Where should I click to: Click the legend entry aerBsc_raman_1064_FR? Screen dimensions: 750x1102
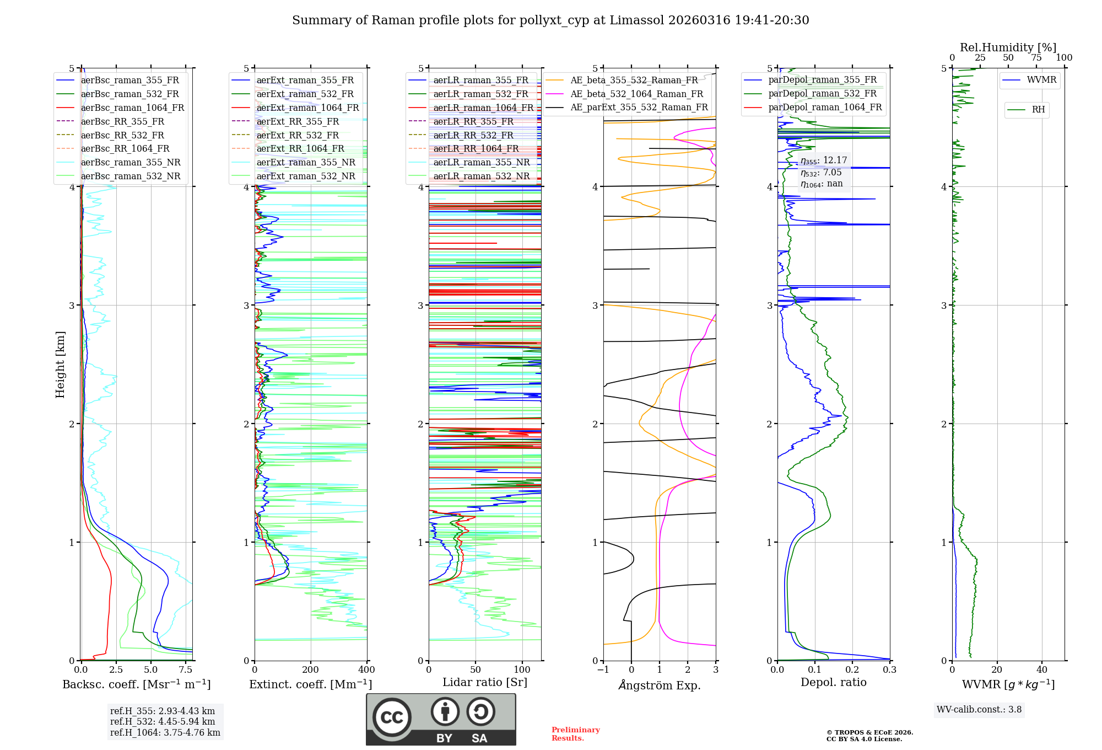(132, 108)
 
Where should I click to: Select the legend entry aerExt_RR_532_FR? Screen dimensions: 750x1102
(298, 135)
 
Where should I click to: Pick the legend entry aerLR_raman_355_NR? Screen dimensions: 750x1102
(481, 163)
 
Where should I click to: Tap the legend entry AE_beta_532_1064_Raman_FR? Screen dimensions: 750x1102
(636, 94)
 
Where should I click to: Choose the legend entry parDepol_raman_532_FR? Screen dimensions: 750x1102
(822, 94)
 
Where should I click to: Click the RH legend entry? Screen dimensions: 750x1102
(1038, 110)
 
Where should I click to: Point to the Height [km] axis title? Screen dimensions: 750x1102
(60, 365)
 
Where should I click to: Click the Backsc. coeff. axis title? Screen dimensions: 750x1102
(136, 684)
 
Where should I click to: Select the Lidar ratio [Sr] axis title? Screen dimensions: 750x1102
(485, 682)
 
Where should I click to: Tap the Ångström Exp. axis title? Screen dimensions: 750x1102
(660, 685)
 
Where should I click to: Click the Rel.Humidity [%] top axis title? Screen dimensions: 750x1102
(1008, 47)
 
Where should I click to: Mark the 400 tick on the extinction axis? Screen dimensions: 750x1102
(366, 670)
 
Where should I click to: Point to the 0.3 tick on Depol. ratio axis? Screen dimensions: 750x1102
(889, 670)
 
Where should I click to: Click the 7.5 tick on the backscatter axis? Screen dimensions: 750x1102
(186, 670)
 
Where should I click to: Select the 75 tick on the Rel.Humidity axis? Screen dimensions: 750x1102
(1036, 58)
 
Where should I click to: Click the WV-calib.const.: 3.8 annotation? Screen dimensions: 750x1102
(979, 710)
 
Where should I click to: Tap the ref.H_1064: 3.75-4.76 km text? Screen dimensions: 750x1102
(165, 733)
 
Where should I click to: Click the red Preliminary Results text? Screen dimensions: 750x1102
(575, 734)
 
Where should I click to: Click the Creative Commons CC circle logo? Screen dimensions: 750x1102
(392, 717)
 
